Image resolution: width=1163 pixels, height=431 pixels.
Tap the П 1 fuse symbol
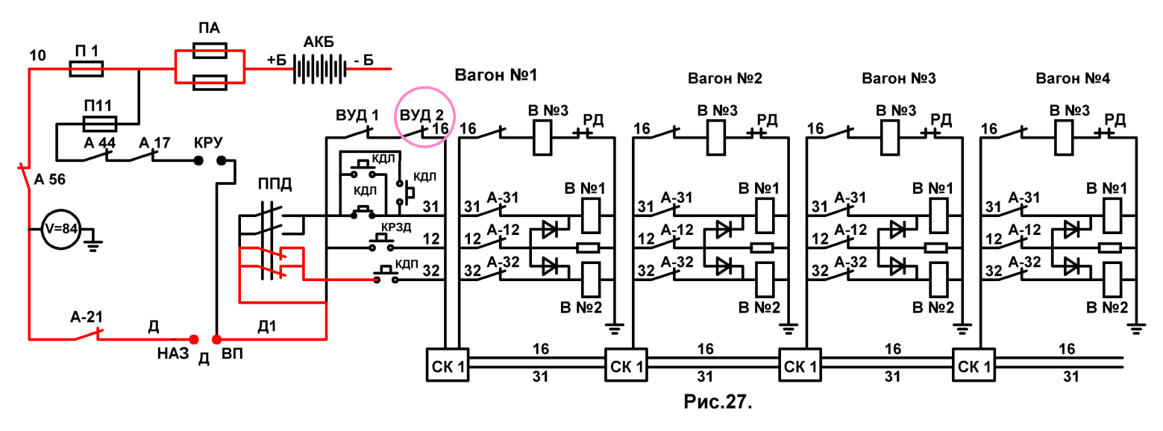pos(87,69)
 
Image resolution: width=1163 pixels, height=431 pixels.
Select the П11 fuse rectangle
pos(100,124)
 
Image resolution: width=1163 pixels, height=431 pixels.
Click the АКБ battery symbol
pos(319,69)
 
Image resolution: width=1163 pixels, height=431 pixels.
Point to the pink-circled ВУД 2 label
pos(421,114)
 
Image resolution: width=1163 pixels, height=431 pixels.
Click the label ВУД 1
pos(357,115)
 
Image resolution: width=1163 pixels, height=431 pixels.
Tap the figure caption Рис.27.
pos(718,401)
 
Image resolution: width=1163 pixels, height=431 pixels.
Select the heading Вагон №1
pos(496,75)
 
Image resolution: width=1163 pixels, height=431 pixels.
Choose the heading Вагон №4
pos(1073,78)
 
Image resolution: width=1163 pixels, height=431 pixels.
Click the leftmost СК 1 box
pos(448,365)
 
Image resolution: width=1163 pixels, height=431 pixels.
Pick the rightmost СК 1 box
pos(974,365)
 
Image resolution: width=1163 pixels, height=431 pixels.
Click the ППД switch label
pos(275,184)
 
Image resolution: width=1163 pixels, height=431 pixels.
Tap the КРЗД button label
pos(396,227)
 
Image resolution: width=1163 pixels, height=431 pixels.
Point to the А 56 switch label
pos(50,180)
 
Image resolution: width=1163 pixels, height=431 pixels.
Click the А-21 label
pos(87,317)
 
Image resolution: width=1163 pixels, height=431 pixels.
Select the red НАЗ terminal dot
pos(194,339)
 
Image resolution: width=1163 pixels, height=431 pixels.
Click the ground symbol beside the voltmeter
pos(93,242)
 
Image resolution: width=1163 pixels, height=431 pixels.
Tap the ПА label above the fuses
pos(209,28)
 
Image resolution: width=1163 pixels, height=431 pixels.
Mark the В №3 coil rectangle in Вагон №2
pos(716,138)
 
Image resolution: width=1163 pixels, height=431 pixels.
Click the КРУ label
pos(208,142)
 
